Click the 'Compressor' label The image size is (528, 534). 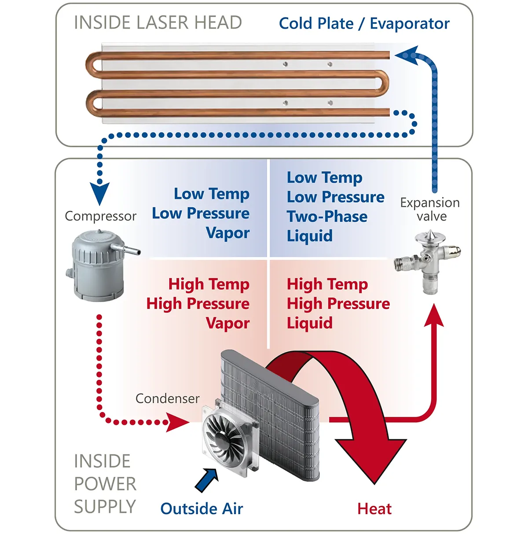[x=100, y=216]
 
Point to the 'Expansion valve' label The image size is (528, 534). [x=430, y=209]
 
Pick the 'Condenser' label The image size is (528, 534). [x=167, y=398]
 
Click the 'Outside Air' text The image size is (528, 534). [x=202, y=508]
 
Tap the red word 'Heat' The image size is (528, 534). [x=374, y=509]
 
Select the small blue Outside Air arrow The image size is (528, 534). [x=206, y=480]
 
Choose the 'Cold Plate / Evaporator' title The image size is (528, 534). [x=364, y=23]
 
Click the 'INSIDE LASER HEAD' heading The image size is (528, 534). [x=158, y=22]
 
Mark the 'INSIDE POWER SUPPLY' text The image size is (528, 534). [x=105, y=484]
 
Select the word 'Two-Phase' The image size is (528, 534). [x=327, y=217]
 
